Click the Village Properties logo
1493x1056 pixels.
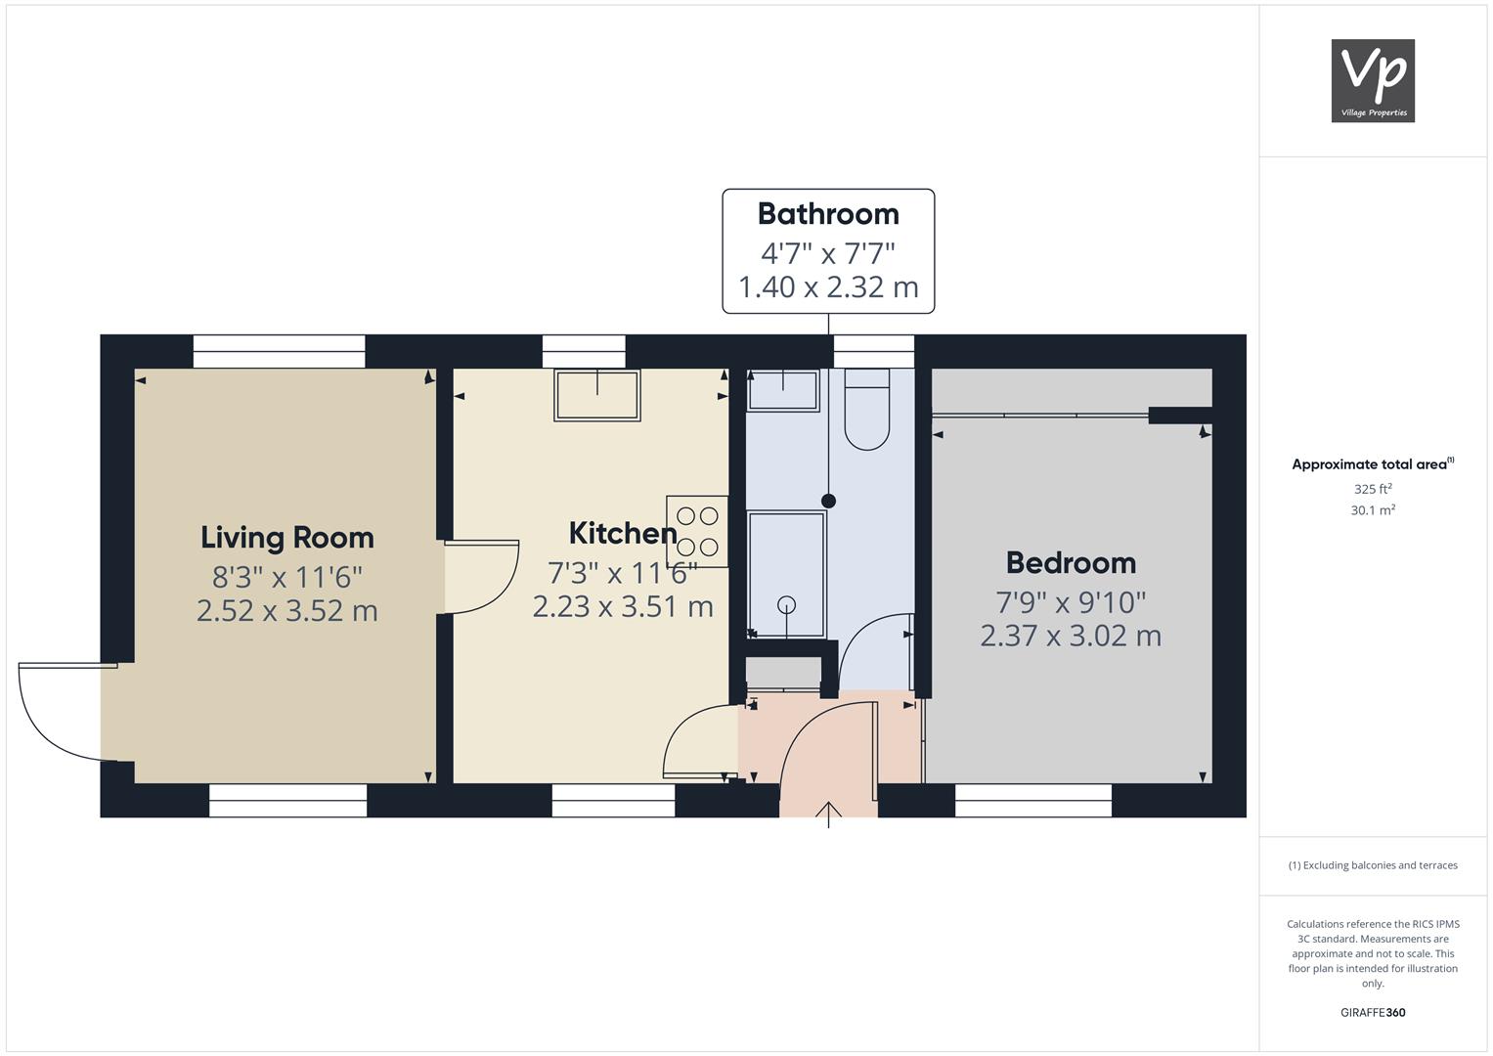click(1373, 80)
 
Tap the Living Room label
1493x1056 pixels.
click(287, 538)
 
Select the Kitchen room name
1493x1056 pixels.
click(623, 533)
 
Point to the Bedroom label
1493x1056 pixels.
click(1071, 562)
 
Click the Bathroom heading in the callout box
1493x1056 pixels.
click(828, 213)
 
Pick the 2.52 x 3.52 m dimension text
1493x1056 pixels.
click(287, 611)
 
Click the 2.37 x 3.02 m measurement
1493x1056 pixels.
click(1071, 636)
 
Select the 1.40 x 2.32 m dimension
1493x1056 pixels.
click(828, 287)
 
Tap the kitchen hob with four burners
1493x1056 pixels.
click(697, 531)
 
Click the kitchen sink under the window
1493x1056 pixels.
click(597, 395)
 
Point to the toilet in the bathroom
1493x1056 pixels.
click(867, 410)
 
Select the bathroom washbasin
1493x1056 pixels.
click(783, 391)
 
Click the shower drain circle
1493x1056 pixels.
click(787, 604)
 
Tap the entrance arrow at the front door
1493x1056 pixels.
click(828, 814)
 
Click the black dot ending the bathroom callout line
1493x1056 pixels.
click(828, 501)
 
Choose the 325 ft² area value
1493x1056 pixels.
click(1373, 489)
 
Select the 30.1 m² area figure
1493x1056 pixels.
click(1373, 510)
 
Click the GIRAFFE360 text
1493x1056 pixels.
click(1373, 1012)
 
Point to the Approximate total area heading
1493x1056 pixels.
click(1373, 464)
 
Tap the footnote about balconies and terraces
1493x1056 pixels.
click(1373, 865)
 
